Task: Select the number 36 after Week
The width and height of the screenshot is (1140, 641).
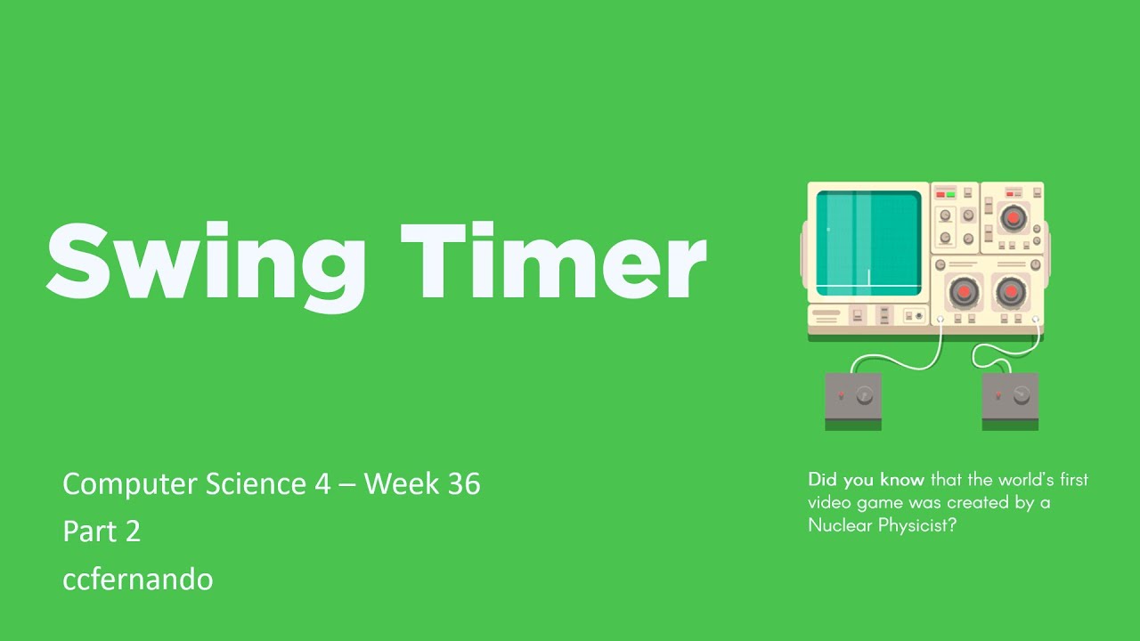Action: coord(460,484)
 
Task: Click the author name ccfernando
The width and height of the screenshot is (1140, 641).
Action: coord(137,580)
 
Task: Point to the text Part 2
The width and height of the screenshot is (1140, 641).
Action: coord(102,531)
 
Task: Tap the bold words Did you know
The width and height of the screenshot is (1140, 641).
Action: coord(866,480)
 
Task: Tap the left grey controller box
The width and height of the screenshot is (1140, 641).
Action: coord(853,396)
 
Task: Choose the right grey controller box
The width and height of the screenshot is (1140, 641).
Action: coord(1010,396)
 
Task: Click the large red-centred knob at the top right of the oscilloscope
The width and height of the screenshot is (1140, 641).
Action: coord(1012,216)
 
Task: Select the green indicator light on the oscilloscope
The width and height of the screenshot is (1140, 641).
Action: coord(950,194)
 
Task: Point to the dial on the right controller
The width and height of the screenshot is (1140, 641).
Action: coord(1021,394)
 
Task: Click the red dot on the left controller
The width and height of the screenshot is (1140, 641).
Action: coord(841,395)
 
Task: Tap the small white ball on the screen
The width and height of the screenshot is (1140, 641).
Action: coord(827,230)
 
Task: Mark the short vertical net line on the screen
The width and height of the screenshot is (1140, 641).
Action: coord(868,277)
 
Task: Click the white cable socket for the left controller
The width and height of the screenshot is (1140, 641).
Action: coord(940,318)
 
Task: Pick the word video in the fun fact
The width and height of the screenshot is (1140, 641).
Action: coord(826,503)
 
